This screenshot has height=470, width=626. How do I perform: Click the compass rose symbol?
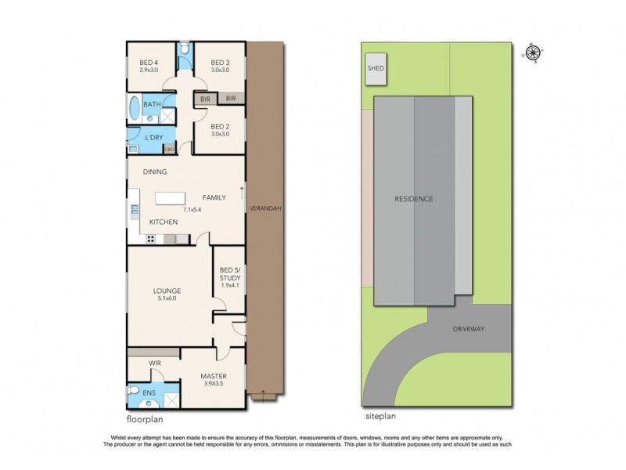(x=533, y=52)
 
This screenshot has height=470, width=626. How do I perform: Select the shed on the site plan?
(x=376, y=69)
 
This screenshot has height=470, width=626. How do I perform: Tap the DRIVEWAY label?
(x=468, y=329)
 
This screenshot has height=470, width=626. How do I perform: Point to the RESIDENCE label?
(x=414, y=199)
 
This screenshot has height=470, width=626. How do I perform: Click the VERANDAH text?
(x=265, y=208)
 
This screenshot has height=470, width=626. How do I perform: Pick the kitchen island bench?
(x=170, y=198)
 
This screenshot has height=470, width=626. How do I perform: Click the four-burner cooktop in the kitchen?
(x=150, y=239)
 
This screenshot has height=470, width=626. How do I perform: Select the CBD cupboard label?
(x=169, y=150)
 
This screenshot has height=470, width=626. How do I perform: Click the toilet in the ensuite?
(x=133, y=389)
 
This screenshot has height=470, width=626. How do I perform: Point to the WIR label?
(x=155, y=363)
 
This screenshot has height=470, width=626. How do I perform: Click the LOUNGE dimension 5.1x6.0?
(x=167, y=298)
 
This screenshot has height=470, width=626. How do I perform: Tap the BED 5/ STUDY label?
(x=230, y=273)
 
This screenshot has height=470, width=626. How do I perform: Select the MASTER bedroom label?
(x=214, y=376)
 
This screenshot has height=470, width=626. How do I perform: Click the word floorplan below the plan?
(x=145, y=420)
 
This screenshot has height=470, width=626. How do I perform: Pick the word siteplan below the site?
(x=380, y=416)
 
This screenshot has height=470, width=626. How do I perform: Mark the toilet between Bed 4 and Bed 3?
(x=185, y=49)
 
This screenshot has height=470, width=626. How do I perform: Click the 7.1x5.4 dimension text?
(x=192, y=209)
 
